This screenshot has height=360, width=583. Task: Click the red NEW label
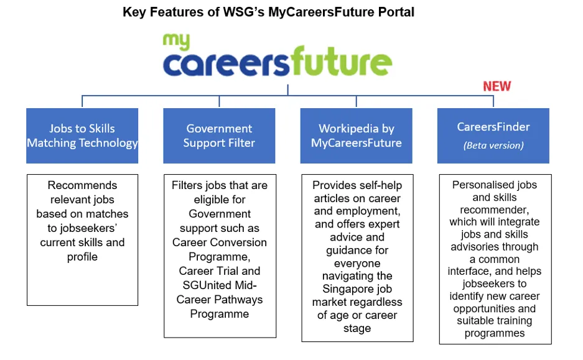(x=497, y=86)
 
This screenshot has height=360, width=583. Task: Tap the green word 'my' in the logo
(x=176, y=41)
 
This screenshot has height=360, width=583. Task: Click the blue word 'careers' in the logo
(x=226, y=64)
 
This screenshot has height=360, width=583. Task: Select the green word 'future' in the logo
(x=341, y=61)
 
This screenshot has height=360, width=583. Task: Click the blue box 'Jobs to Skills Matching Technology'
(x=82, y=136)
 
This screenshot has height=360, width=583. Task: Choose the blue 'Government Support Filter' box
(x=219, y=136)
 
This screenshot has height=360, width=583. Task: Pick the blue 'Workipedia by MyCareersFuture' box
(x=356, y=136)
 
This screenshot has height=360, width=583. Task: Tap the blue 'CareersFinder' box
(x=493, y=136)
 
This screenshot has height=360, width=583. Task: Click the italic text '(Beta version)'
(x=493, y=145)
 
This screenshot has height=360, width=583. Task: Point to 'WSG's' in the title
(x=243, y=12)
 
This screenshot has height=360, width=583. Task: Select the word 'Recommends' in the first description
(x=82, y=185)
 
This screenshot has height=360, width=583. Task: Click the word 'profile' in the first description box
(x=82, y=257)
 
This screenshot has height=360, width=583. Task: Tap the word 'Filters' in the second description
(x=187, y=185)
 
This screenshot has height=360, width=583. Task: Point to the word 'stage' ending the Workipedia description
(x=357, y=328)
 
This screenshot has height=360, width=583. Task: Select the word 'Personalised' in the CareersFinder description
(x=475, y=185)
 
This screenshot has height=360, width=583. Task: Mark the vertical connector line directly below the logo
(x=288, y=90)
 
